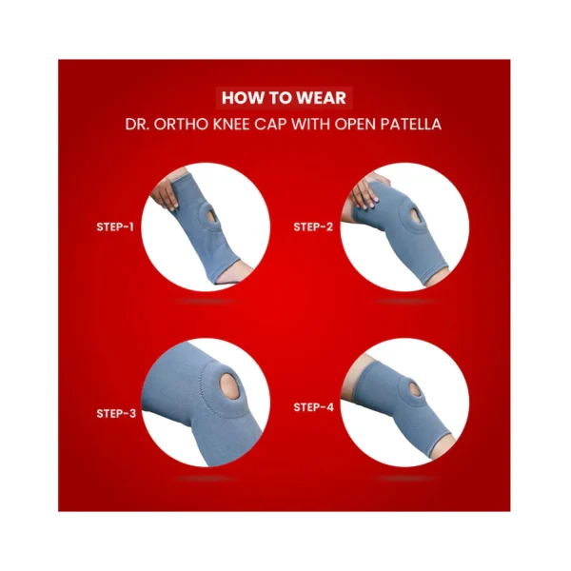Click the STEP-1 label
tap(115, 226)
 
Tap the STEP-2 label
tap(313, 226)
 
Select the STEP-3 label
tap(116, 413)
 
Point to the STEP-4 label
tap(313, 406)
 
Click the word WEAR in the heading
tap(321, 98)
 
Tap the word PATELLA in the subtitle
tap(411, 124)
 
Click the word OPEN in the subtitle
tap(355, 124)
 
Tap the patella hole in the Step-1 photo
tap(211, 216)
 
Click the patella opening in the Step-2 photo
tap(417, 216)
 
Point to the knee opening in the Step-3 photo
tap(229, 386)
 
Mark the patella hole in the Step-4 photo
tap(415, 389)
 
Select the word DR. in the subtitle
tap(137, 124)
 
